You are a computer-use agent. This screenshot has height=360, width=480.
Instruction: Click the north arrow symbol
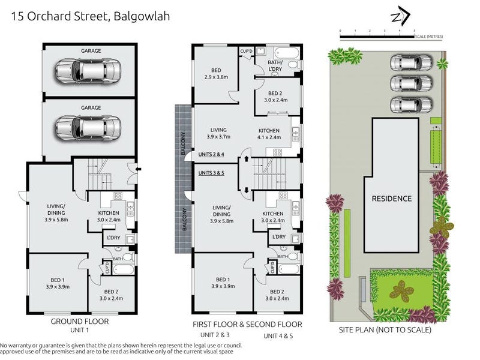[x=401, y=16]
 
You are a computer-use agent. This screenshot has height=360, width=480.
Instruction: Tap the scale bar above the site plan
[x=377, y=37]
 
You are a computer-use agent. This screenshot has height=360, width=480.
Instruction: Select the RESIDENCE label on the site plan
[x=392, y=199]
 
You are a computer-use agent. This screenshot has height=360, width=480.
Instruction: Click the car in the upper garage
[x=88, y=71]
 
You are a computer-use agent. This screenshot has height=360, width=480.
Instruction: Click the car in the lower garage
[x=88, y=128]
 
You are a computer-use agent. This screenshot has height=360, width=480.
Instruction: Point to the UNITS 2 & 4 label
[x=211, y=154]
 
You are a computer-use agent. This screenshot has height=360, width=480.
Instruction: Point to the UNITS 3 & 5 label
[x=211, y=173]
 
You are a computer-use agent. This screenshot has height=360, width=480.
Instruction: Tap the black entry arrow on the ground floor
[x=139, y=169]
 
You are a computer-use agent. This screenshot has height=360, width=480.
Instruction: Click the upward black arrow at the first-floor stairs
[x=247, y=159]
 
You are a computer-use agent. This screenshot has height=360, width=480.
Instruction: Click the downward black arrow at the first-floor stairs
[x=247, y=190]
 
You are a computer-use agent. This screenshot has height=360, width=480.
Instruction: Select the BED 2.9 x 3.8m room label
[x=216, y=74]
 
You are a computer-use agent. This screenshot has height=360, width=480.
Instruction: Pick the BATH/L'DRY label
[x=275, y=66]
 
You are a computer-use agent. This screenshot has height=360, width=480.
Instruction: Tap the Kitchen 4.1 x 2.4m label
[x=269, y=134]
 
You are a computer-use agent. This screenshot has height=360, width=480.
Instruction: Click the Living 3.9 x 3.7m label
[x=218, y=133]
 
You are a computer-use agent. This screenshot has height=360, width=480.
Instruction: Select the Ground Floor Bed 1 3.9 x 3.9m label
[x=58, y=283]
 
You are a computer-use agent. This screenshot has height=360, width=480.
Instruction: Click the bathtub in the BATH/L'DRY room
[x=287, y=53]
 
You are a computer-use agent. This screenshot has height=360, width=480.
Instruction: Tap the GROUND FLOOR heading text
[x=80, y=322]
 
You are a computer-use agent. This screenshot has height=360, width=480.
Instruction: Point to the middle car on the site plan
[x=411, y=83]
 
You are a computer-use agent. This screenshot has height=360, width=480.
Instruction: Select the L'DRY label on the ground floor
[x=113, y=238]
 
